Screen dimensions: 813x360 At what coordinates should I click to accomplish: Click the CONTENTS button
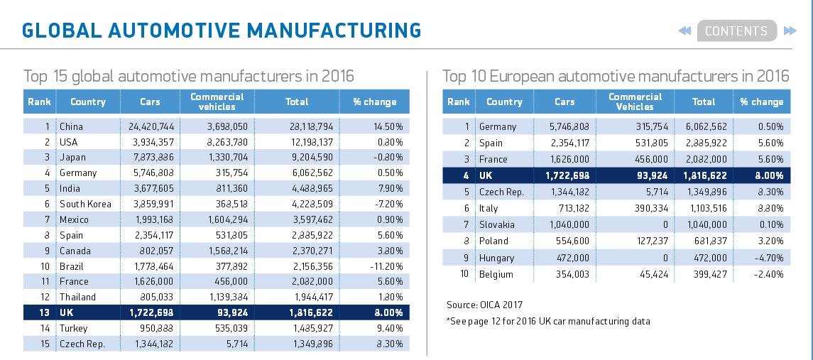(x=736, y=31)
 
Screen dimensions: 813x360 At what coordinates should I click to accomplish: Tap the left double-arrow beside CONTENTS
(x=684, y=31)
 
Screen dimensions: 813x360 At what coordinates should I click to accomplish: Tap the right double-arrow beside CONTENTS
(x=790, y=31)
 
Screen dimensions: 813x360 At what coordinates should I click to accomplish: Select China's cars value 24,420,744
(x=151, y=126)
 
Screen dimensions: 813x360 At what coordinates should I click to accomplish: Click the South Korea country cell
(x=85, y=204)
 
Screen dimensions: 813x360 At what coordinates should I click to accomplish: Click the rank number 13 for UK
(x=45, y=313)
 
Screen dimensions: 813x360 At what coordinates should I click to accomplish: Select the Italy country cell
(x=489, y=208)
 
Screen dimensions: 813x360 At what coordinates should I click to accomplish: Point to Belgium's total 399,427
(x=710, y=274)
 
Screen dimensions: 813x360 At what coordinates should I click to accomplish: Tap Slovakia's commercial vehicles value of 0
(x=665, y=224)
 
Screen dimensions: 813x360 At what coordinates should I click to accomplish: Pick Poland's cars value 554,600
(x=570, y=241)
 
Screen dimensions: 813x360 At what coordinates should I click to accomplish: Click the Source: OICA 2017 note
(x=485, y=305)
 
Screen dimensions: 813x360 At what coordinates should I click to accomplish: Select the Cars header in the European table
(x=564, y=102)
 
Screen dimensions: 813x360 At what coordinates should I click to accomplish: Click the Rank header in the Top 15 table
(x=39, y=102)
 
